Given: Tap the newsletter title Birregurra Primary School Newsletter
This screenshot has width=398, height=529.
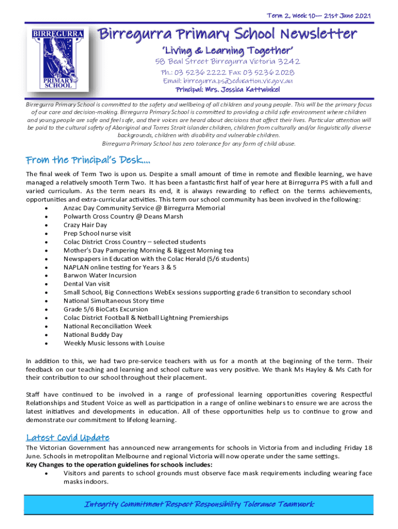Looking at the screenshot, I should pyautogui.click(x=227, y=35).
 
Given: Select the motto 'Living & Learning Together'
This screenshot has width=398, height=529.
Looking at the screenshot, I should pyautogui.click(x=228, y=51).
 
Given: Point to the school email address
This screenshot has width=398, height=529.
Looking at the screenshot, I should pyautogui.click(x=228, y=81).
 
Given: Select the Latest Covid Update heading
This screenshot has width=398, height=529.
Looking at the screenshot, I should pyautogui.click(x=68, y=437).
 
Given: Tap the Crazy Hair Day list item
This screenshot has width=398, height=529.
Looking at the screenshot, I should pyautogui.click(x=85, y=225).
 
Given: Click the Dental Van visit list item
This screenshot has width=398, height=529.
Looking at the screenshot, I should pyautogui.click(x=87, y=284).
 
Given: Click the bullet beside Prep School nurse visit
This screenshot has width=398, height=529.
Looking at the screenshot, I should pyautogui.click(x=47, y=234).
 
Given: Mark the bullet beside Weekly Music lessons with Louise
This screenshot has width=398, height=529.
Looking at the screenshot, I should pyautogui.click(x=47, y=343).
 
